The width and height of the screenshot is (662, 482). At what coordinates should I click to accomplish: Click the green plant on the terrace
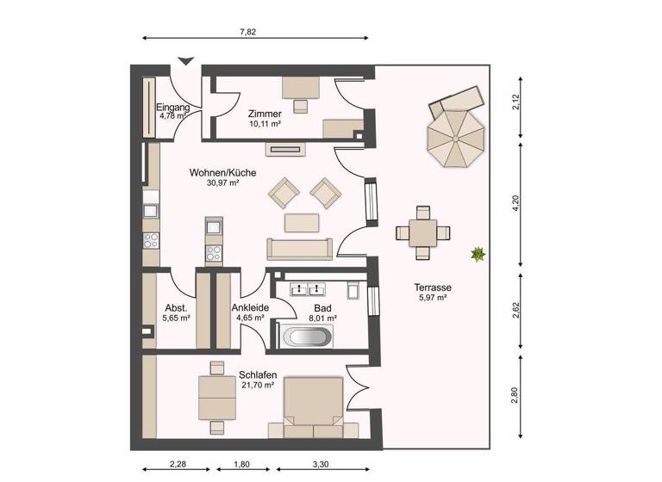coord(476,253)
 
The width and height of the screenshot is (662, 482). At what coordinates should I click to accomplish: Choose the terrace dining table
coord(422,232)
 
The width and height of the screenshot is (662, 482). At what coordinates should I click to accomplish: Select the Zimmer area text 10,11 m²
coord(265,124)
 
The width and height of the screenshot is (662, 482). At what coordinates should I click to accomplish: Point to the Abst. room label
coord(176,307)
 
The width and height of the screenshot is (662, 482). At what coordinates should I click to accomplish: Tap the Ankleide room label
coord(250,307)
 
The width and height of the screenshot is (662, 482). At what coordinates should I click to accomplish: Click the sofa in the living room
coord(299,250)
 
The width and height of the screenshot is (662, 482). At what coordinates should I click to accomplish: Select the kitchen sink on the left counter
coord(151,209)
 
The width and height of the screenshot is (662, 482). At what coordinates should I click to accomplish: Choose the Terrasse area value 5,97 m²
coord(433,298)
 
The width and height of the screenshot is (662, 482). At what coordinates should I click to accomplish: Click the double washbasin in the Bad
coord(307,288)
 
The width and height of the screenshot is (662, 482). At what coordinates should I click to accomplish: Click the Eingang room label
coord(172,108)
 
